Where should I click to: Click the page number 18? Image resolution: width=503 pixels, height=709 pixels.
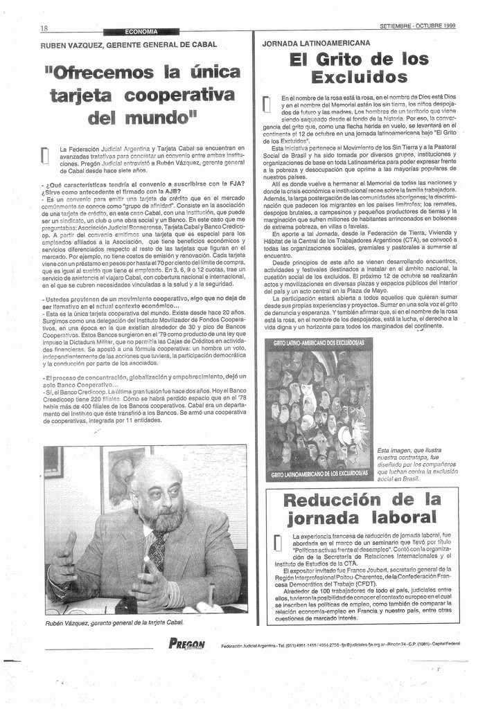pyautogui.click(x=44, y=28)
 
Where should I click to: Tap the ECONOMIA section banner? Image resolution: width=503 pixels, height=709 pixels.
pyautogui.click(x=141, y=31)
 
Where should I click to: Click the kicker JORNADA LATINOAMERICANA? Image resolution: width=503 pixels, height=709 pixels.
pyautogui.click(x=316, y=43)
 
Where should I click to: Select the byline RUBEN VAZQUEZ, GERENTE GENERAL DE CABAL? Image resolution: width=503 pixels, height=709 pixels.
pyautogui.click(x=129, y=44)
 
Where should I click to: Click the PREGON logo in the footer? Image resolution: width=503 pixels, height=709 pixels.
pyautogui.click(x=187, y=644)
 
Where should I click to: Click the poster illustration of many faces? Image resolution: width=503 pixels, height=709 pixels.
pyautogui.click(x=318, y=409)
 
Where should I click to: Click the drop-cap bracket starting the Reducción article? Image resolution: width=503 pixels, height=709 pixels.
pyautogui.click(x=277, y=543)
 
